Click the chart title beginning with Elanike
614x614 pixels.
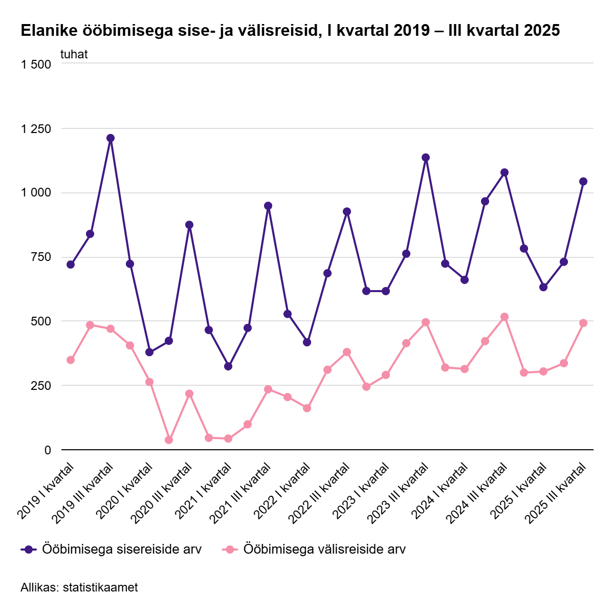290,31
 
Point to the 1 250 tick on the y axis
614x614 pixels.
36,129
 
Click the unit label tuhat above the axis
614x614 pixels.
74,54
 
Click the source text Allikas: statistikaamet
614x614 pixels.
79,587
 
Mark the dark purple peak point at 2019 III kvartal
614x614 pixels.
111,138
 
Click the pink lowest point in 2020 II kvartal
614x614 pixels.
169,440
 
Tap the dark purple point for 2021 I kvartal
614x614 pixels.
228,366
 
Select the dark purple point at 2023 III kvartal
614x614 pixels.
426,158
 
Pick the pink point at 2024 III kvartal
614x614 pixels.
505,317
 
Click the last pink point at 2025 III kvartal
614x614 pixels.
583,323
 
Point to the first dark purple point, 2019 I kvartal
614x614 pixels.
71,265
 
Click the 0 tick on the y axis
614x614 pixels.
48,450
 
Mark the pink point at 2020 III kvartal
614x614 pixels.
189,393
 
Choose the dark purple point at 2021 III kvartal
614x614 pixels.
268,206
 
